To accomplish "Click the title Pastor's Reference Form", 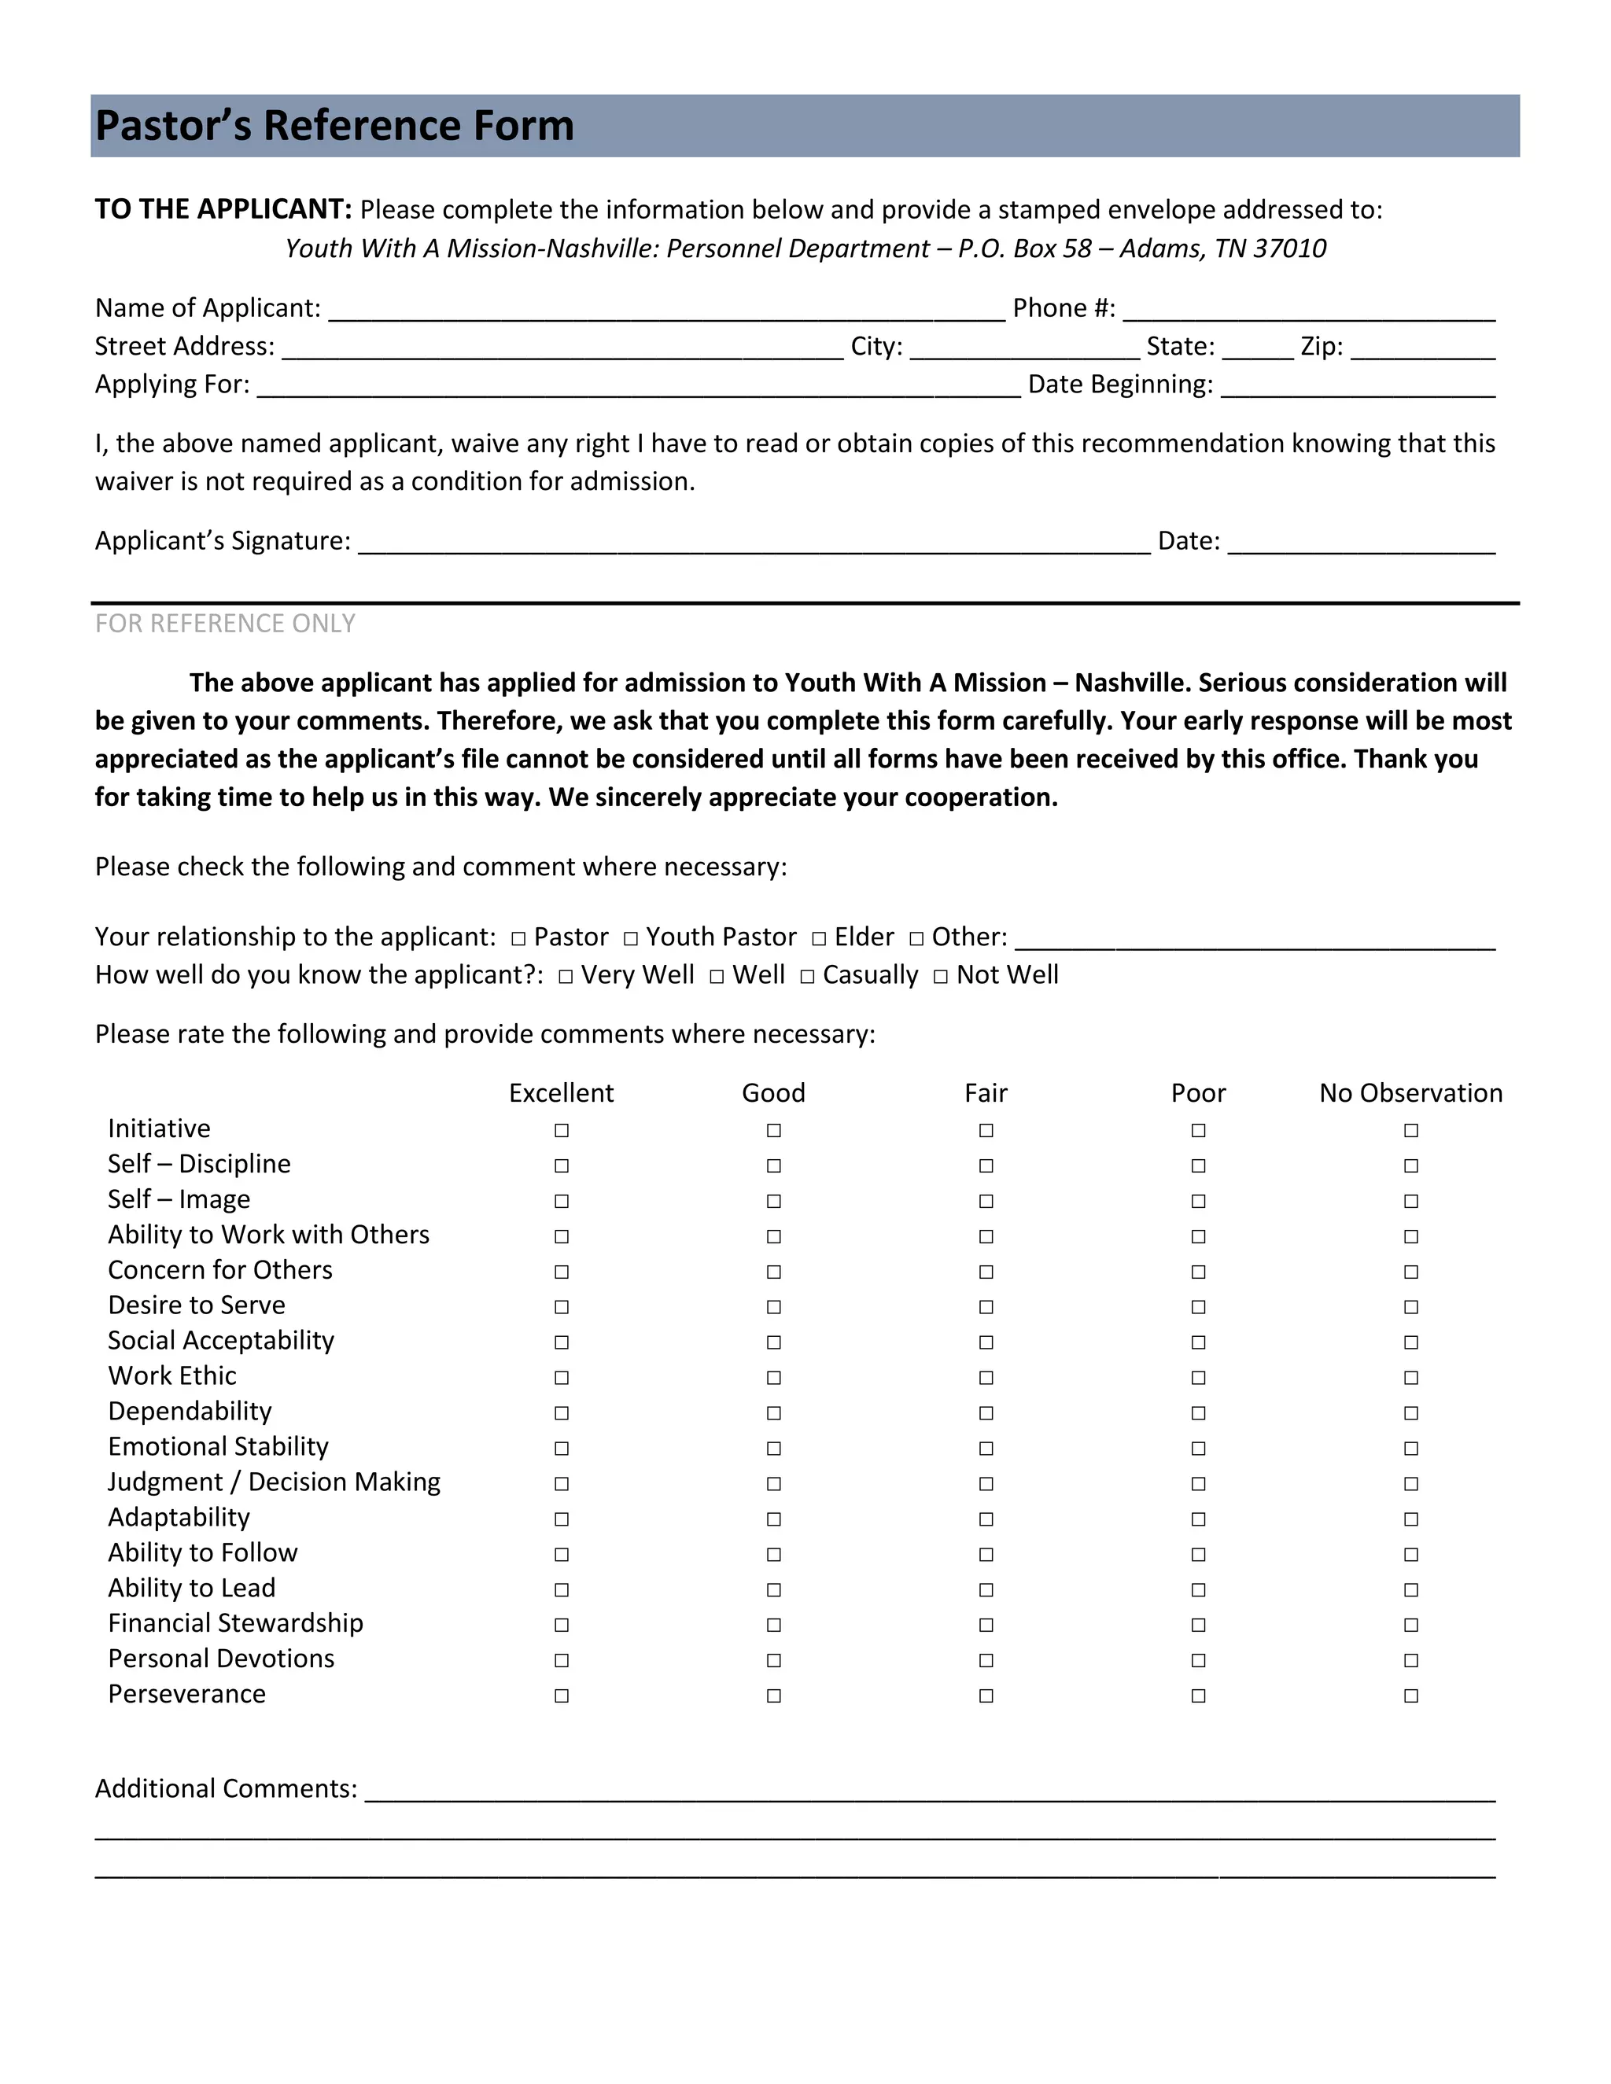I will click(334, 126).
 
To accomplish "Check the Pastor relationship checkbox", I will click(518, 939).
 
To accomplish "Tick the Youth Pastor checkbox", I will click(631, 939).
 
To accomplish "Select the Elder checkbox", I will click(819, 939).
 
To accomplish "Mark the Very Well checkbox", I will click(566, 977).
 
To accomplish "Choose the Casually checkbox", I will click(807, 977).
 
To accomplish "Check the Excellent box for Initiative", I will click(561, 1131).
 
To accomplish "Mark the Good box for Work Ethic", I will click(774, 1378).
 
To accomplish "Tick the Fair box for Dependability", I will click(986, 1413).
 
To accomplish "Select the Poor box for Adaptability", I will click(1199, 1519).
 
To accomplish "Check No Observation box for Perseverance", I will click(1410, 1696).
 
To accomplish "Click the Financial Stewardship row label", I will click(236, 1623).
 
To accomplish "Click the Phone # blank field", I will click(1308, 310).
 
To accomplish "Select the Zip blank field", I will click(1422, 348).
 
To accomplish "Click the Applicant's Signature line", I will click(754, 543).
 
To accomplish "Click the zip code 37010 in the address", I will click(1289, 249).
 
